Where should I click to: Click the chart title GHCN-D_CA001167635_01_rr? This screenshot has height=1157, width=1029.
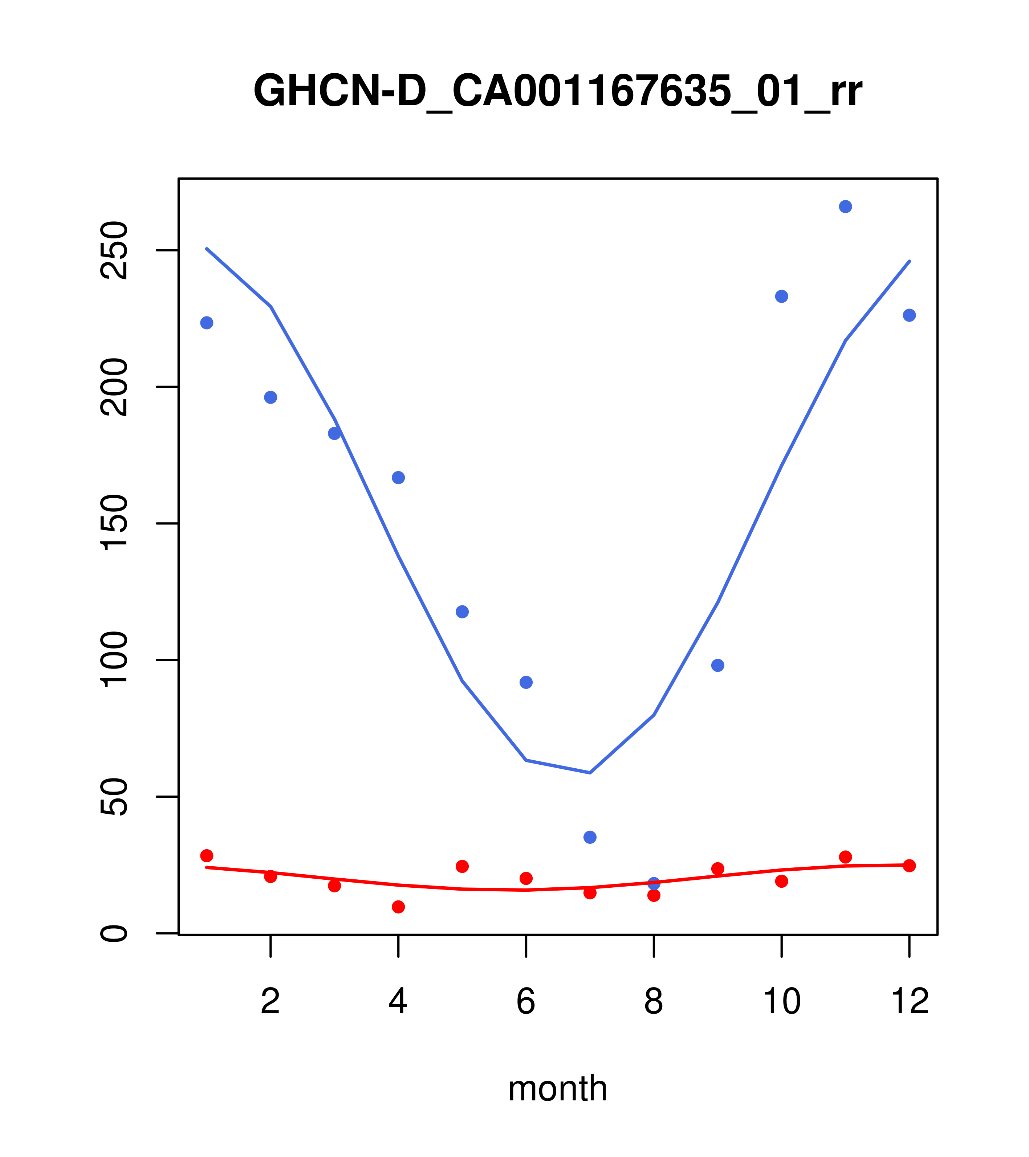557,91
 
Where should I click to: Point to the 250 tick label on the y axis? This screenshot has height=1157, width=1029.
113,250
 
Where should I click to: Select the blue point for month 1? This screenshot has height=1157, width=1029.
207,323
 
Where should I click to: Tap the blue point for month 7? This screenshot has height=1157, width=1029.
590,837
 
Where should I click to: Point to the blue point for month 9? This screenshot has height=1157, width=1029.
717,665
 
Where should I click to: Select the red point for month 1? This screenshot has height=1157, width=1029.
207,855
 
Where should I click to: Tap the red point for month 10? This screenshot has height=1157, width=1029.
781,881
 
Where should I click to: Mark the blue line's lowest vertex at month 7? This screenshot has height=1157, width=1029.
590,773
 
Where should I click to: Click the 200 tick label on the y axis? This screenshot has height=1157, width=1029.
113,387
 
